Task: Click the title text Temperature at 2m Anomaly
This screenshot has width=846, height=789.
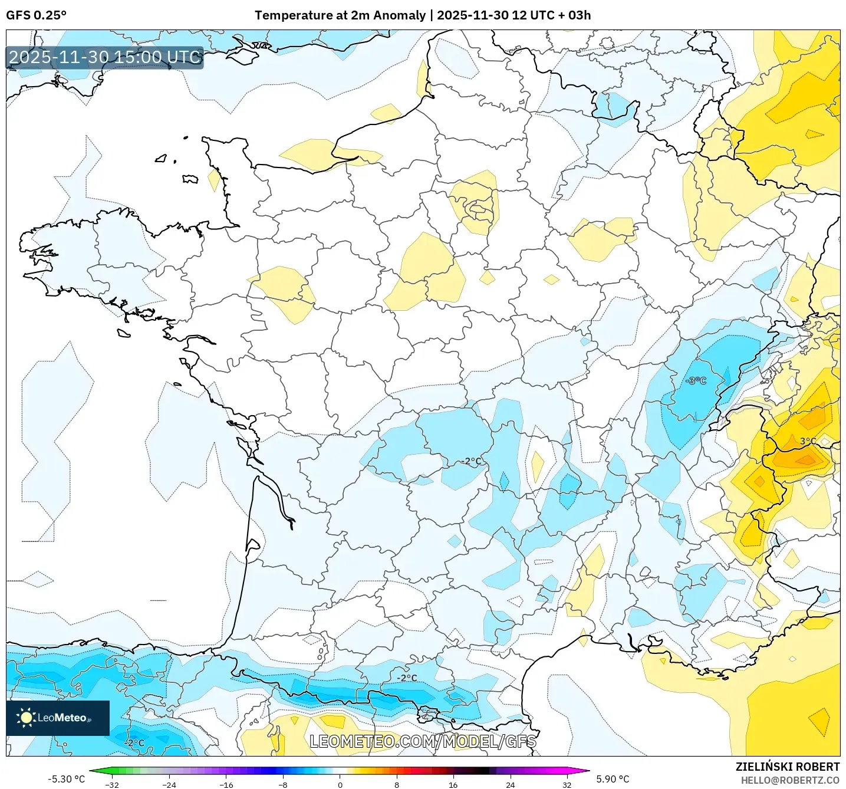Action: tap(340, 15)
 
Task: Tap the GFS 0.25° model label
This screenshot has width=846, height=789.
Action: tap(36, 15)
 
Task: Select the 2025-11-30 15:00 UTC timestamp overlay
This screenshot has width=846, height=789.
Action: tap(105, 57)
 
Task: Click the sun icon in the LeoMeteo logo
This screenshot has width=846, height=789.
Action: tap(26, 718)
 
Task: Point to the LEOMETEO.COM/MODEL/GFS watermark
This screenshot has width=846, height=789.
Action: tap(423, 741)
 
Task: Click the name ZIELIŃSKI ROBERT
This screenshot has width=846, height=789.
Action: tap(787, 767)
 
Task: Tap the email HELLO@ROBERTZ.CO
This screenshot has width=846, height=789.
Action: tap(790, 780)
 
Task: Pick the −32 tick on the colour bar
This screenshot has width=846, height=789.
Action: tap(112, 784)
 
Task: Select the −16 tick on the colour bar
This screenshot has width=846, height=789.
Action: tap(226, 784)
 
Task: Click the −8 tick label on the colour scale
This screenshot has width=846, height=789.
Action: tap(283, 784)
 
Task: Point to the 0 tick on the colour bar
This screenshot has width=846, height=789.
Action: tap(340, 784)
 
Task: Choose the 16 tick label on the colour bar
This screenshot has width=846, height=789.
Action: tap(453, 784)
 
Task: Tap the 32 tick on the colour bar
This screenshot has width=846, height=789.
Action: tap(567, 784)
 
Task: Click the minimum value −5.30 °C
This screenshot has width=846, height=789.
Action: tap(66, 779)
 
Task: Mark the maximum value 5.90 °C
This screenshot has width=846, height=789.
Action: tap(613, 779)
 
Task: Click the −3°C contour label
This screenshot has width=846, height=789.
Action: tap(696, 381)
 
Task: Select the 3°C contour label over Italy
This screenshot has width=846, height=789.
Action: tap(808, 441)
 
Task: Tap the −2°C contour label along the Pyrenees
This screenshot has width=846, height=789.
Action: tap(406, 678)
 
